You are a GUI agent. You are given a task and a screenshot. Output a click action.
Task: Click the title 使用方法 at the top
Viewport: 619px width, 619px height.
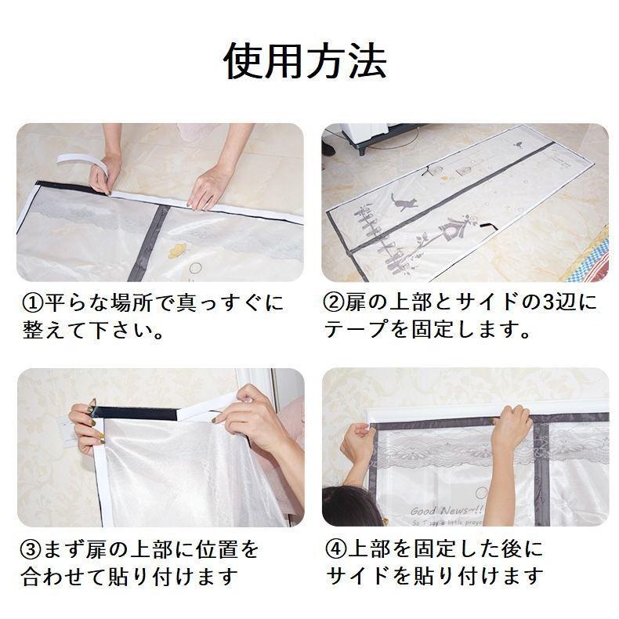click(x=306, y=61)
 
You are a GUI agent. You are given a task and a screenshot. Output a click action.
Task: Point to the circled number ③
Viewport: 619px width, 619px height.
click(x=30, y=548)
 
